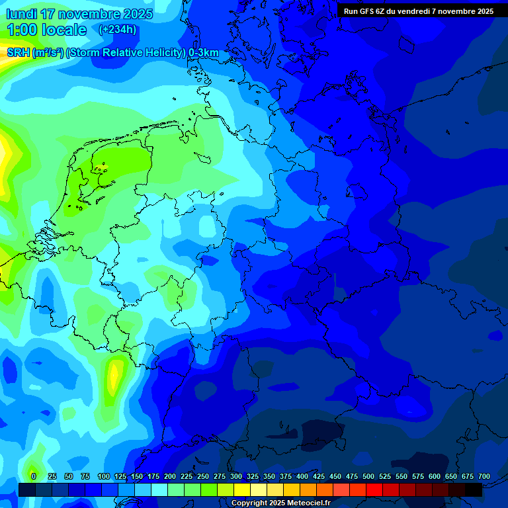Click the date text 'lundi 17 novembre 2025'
pos(80,14)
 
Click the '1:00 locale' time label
pos(48,30)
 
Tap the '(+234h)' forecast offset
pos(118,30)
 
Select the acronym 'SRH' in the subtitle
pos(18,53)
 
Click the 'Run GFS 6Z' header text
pos(366,11)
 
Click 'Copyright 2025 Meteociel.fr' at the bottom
pos(280,503)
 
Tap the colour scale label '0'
pos(34,477)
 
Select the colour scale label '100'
pos(104,477)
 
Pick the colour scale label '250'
pos(203,477)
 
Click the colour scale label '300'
pos(236,477)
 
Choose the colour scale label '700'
pos(484,477)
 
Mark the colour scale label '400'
pos(302,477)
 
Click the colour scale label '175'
pos(153,477)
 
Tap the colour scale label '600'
pos(435,477)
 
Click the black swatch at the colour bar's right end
pos(474,489)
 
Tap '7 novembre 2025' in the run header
pos(462,11)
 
